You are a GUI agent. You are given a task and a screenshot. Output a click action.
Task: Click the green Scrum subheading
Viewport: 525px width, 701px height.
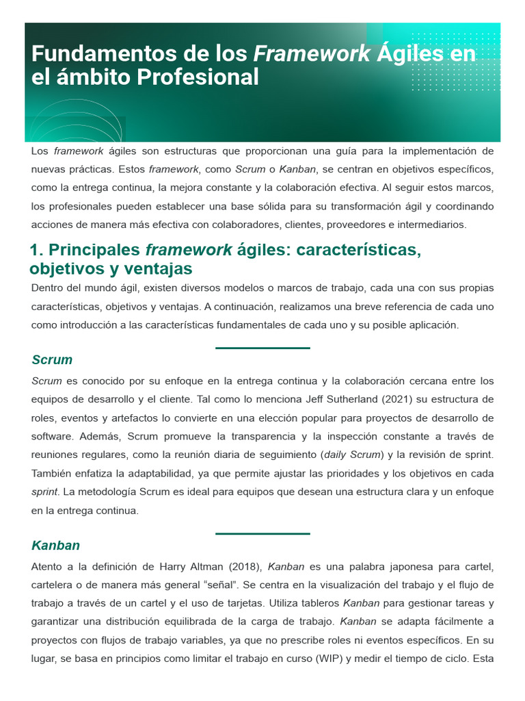52,360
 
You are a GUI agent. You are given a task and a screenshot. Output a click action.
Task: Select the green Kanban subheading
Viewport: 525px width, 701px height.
56,546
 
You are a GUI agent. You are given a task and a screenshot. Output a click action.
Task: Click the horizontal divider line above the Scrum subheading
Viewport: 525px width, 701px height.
262,348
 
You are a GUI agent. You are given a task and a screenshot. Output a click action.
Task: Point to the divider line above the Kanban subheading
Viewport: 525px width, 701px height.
262,534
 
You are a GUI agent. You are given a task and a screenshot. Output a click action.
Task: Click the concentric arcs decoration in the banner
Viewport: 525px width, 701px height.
75,123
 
